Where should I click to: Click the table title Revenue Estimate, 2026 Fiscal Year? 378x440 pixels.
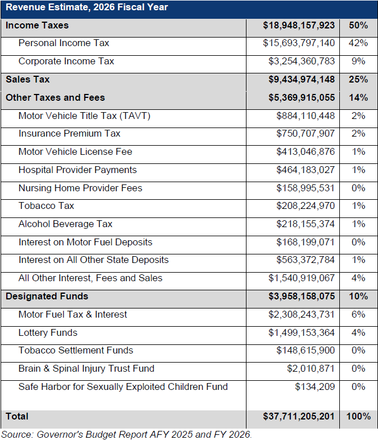(x=87, y=7)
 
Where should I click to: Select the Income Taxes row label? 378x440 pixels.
(x=37, y=25)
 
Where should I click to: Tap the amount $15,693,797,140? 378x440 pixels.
(x=298, y=43)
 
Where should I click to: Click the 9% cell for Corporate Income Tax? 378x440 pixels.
(x=358, y=61)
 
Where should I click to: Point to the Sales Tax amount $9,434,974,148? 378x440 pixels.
(x=301, y=80)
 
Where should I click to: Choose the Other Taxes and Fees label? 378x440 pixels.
(x=55, y=97)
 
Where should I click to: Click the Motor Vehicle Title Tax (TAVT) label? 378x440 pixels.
(x=84, y=116)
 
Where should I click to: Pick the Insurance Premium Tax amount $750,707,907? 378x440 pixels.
(x=305, y=134)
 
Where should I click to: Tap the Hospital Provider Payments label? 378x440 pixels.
(x=77, y=170)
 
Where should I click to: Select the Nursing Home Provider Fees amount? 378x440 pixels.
(x=305, y=188)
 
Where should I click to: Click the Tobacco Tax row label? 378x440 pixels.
(x=46, y=205)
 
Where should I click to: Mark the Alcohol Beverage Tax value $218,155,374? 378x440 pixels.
(x=305, y=224)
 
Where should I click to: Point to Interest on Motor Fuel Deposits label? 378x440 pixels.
(x=85, y=242)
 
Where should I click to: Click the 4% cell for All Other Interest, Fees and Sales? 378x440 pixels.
(x=358, y=278)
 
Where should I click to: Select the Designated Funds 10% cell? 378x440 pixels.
(x=358, y=297)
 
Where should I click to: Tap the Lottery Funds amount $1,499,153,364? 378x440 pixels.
(x=301, y=332)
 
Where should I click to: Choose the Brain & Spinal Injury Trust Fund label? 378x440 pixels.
(x=87, y=368)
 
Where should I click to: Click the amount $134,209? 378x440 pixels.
(x=315, y=386)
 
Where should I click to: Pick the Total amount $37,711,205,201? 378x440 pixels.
(x=298, y=417)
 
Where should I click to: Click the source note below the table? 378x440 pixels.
(x=126, y=434)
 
